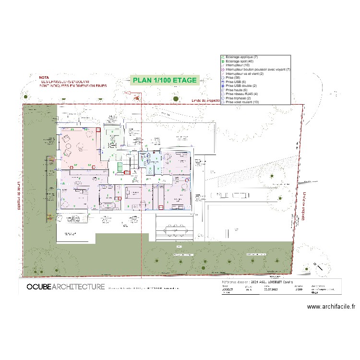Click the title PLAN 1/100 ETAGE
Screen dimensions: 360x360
(x=165, y=81)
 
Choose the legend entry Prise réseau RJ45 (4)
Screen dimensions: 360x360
(x=242, y=94)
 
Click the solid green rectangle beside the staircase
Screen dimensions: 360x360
(x=120, y=166)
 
